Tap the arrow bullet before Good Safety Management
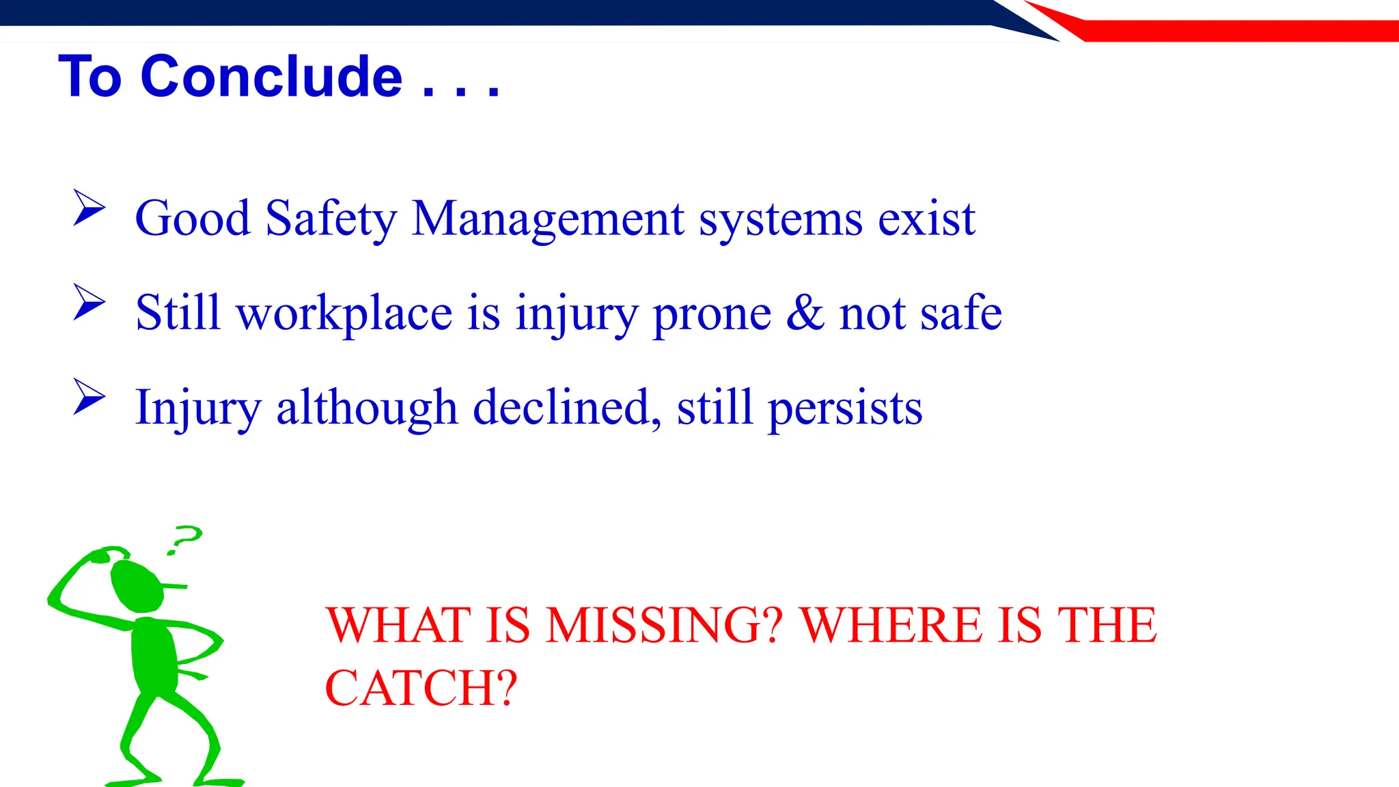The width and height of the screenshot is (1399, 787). point(89,208)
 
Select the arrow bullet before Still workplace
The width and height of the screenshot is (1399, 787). point(89,302)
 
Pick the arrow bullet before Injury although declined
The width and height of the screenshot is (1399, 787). point(89,396)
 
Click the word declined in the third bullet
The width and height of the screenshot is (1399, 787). point(566,408)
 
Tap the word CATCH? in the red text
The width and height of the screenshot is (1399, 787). point(421,688)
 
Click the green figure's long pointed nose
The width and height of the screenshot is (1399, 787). point(174,585)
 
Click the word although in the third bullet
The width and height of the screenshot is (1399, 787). point(366,408)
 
